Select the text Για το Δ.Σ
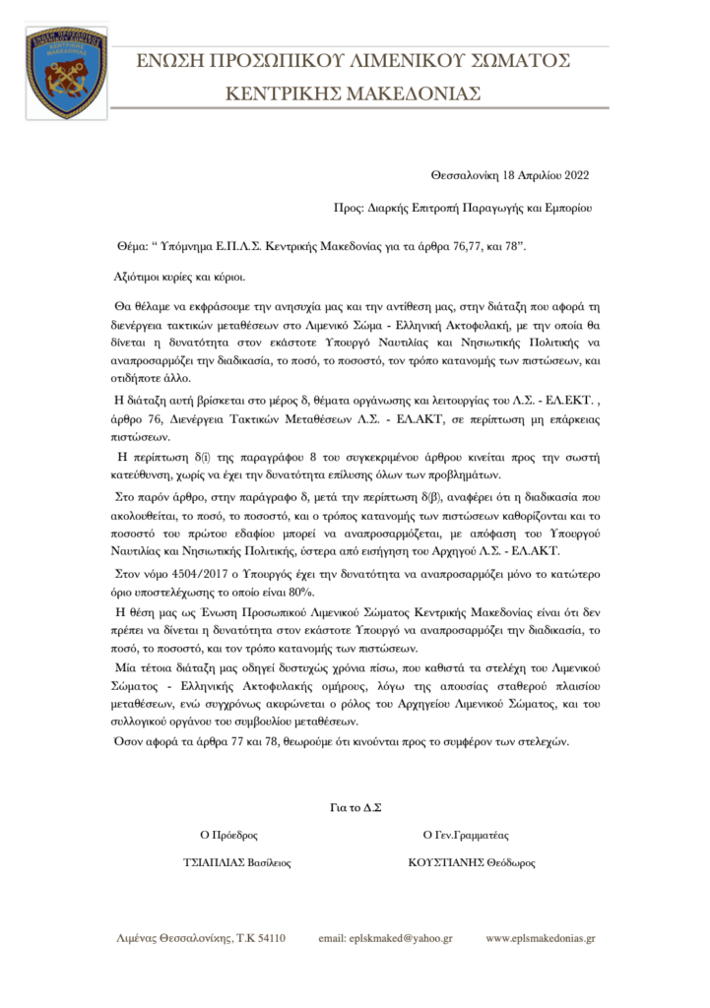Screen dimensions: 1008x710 tap(355, 807)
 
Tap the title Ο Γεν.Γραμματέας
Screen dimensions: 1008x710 tap(466, 835)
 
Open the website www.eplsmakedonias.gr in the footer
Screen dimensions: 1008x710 tap(541, 939)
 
